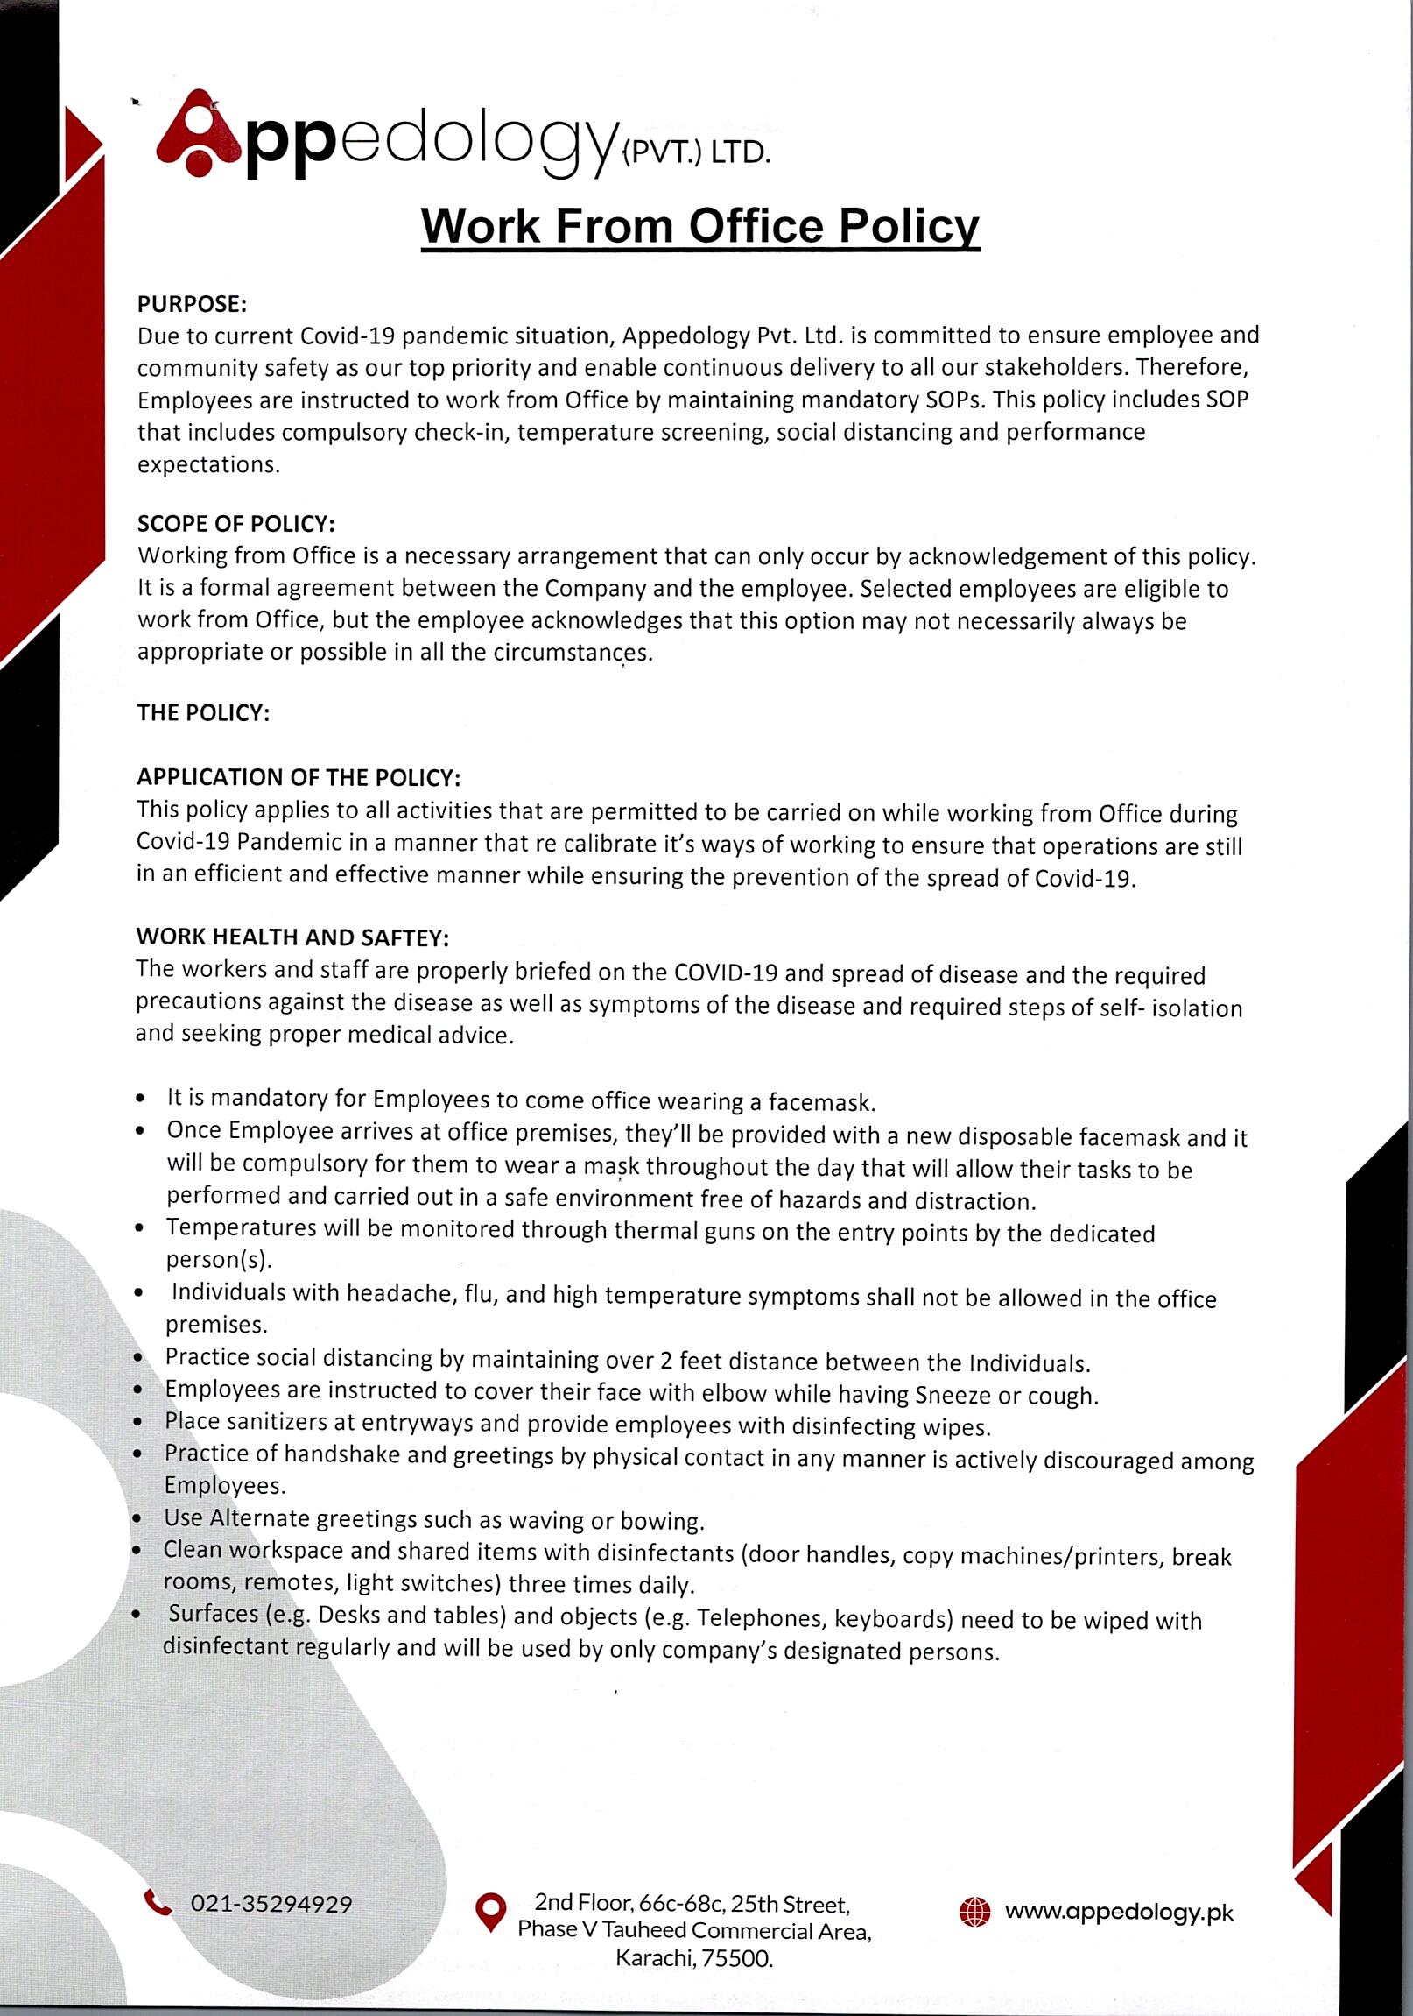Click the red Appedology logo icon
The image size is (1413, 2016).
pos(199,132)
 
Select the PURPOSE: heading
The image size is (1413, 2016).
pos(193,304)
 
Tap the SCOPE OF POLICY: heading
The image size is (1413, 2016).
pos(236,523)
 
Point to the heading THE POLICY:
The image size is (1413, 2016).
pos(203,712)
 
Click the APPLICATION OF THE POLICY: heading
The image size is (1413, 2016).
pos(299,777)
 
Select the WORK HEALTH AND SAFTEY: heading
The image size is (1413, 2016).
pos(292,937)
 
